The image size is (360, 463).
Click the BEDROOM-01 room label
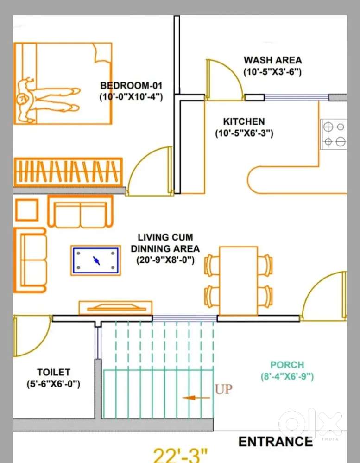pos(131,86)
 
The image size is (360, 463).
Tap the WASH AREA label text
pos(272,60)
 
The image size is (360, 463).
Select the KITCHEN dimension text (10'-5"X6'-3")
pos(244,133)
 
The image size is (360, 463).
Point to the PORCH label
pos(287,365)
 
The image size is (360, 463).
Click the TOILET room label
pos(54,372)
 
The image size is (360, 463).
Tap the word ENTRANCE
pos(275,442)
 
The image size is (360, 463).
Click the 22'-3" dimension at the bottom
pos(180,455)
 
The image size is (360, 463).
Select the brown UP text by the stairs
pos(224,389)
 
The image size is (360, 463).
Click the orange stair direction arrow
pos(196,398)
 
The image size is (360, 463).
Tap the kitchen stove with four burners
pos(334,134)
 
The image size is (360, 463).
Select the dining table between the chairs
pos(239,281)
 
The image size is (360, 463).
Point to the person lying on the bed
pos(47,100)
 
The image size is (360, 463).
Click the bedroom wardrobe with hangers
pos(68,172)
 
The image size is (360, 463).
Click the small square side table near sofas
pos(27,210)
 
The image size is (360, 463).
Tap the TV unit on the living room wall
pos(115,308)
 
